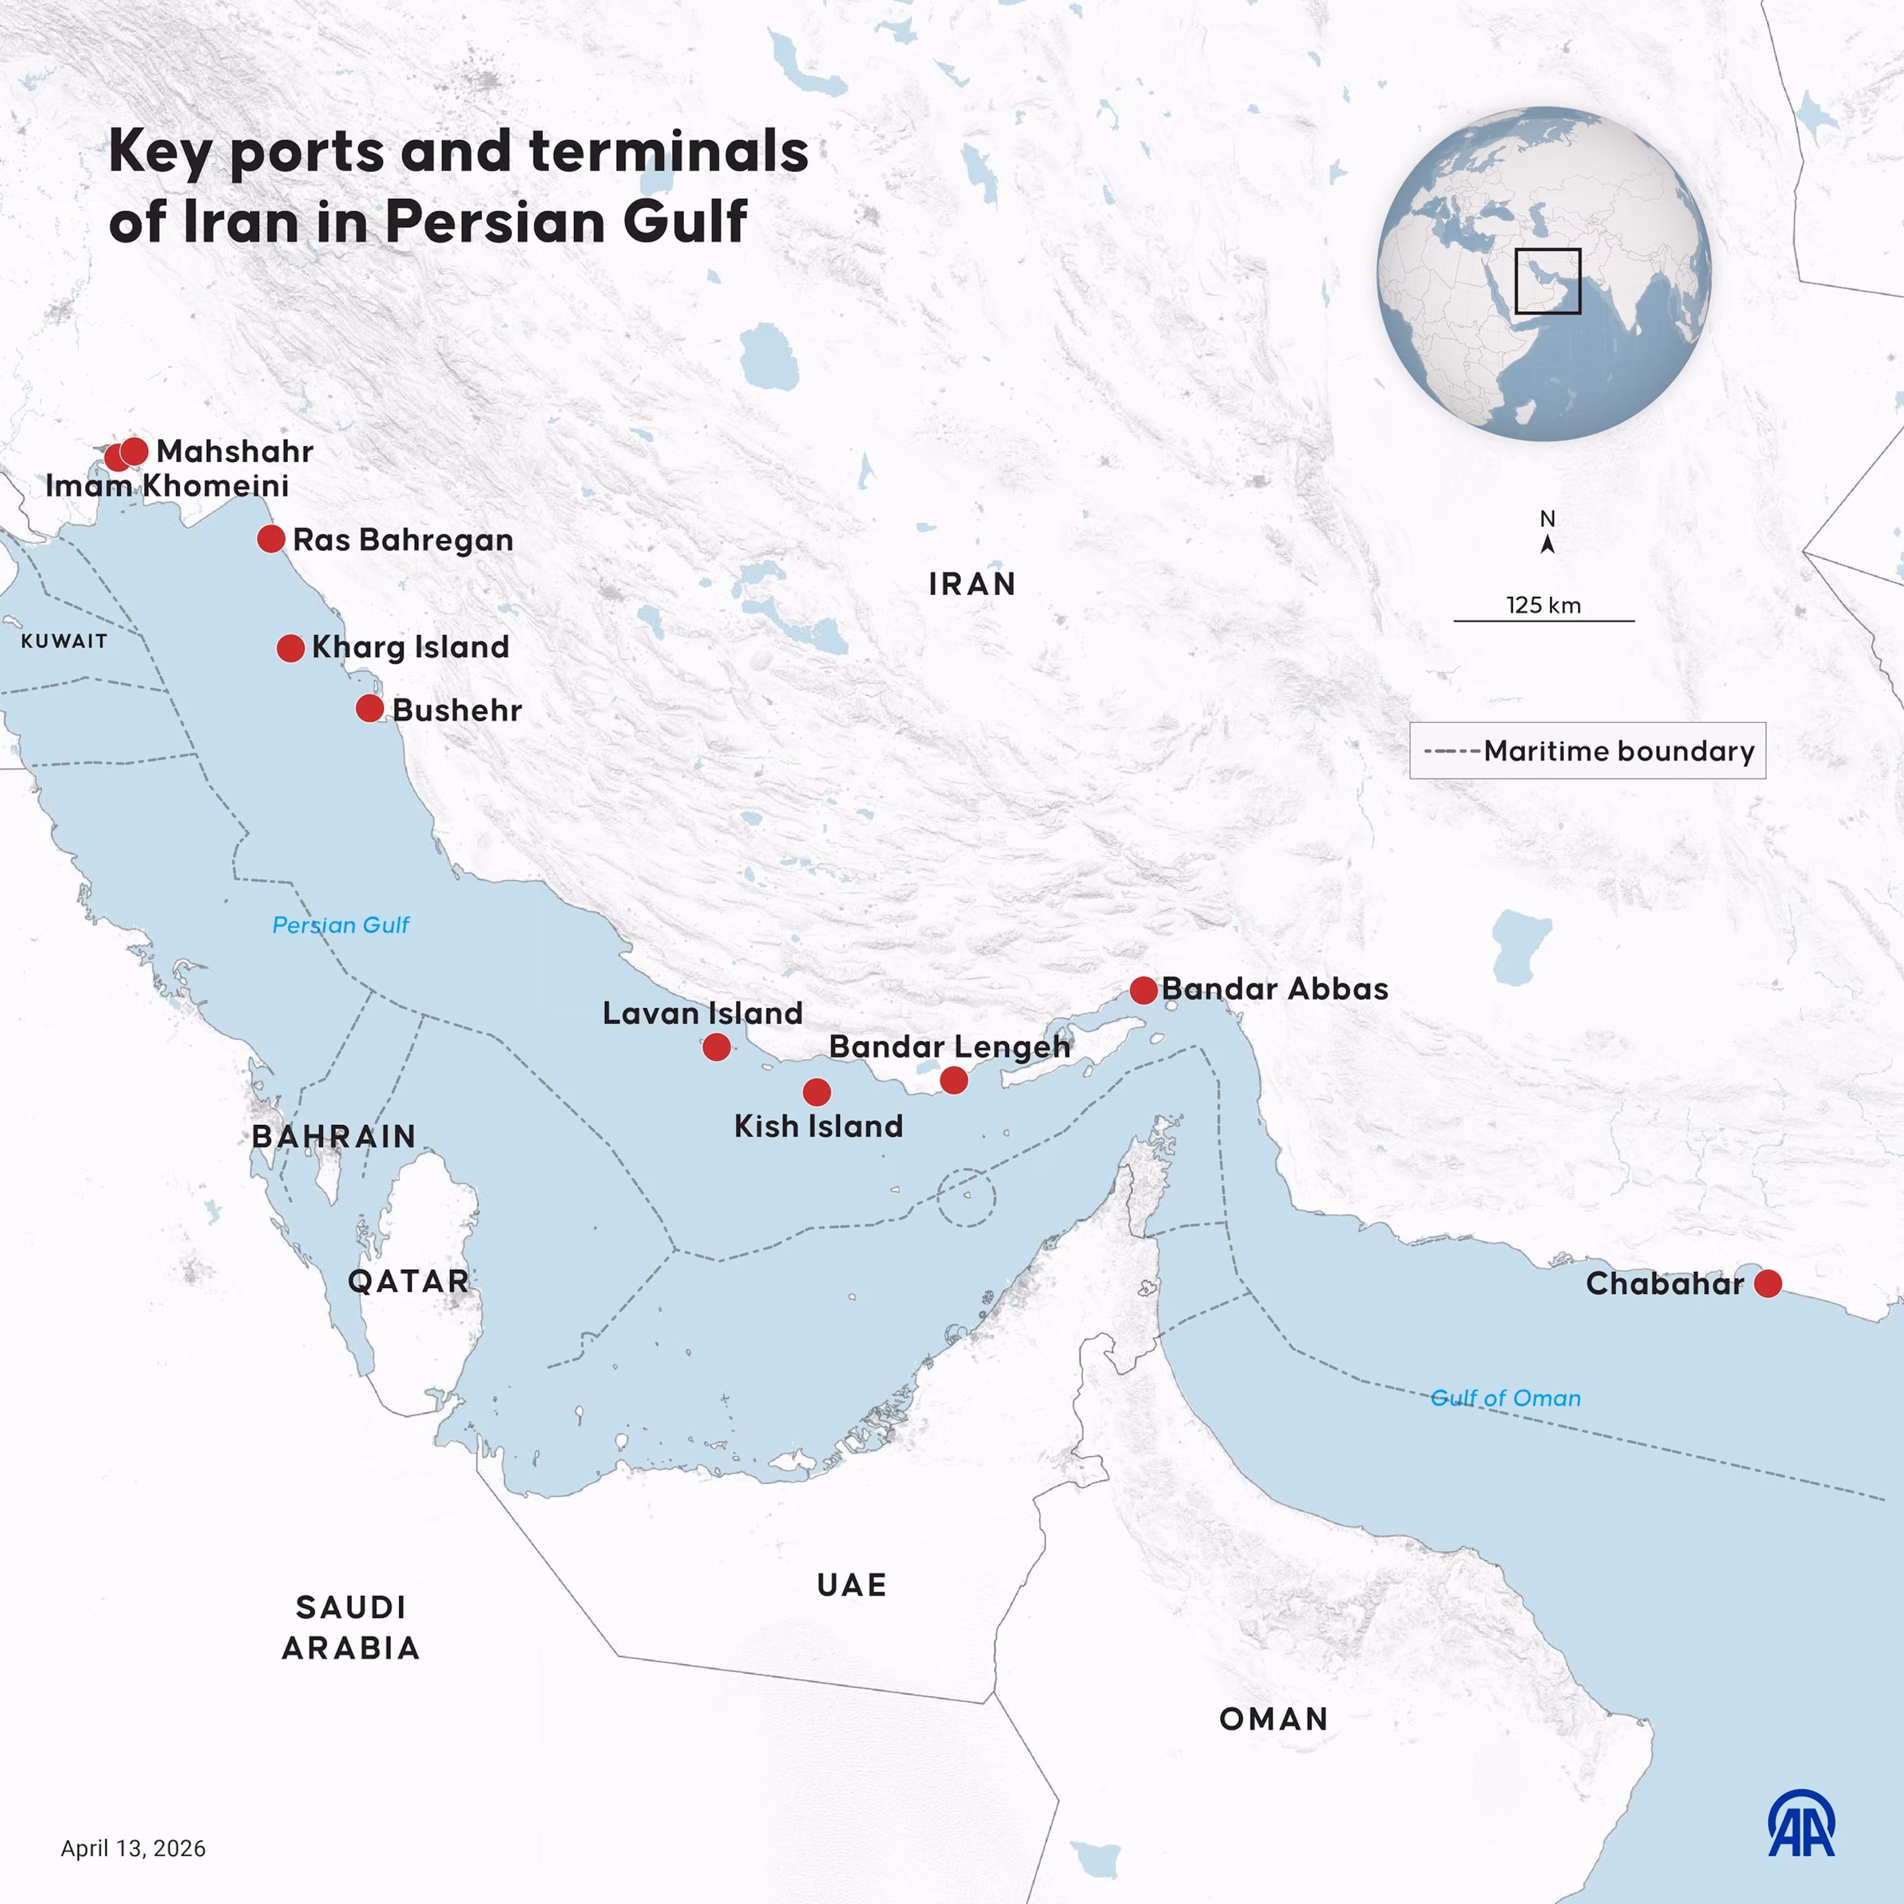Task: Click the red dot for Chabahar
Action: point(1768,1283)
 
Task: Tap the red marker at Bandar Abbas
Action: point(1143,990)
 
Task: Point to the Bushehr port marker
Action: point(369,708)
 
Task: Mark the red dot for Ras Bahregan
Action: point(271,539)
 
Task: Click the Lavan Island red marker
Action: point(716,1047)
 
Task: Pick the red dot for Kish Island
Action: point(816,1092)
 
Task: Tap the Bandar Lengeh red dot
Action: point(953,1081)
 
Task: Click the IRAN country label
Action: point(972,584)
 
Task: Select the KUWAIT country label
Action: point(64,641)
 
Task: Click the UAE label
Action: point(852,1585)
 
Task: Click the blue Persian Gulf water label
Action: point(341,924)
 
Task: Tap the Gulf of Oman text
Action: point(1505,1398)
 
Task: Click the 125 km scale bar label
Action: point(1543,605)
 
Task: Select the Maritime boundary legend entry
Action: point(1588,751)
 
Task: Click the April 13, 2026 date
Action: point(133,1848)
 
